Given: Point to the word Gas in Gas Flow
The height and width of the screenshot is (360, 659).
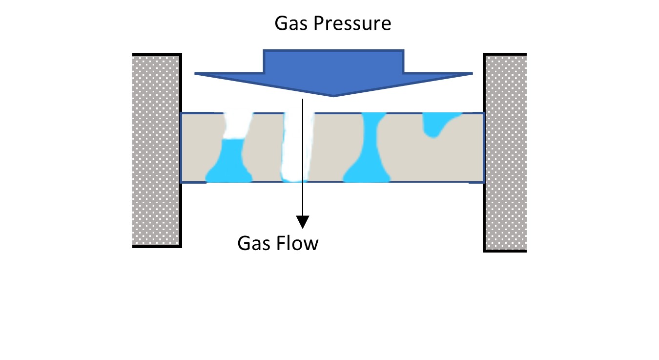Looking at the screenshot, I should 253,243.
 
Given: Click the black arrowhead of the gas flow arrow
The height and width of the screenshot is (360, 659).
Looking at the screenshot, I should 303,222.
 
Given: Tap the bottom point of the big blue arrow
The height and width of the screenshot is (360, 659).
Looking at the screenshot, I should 333,95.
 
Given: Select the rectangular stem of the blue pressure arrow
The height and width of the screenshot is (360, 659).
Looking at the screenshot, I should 333,61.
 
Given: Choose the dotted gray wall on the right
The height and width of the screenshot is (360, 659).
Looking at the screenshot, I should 506,151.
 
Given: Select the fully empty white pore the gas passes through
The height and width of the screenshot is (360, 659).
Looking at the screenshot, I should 294,147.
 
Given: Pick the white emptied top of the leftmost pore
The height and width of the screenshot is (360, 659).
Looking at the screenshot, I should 235,126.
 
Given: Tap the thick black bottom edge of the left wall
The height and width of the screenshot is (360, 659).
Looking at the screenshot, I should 157,246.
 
